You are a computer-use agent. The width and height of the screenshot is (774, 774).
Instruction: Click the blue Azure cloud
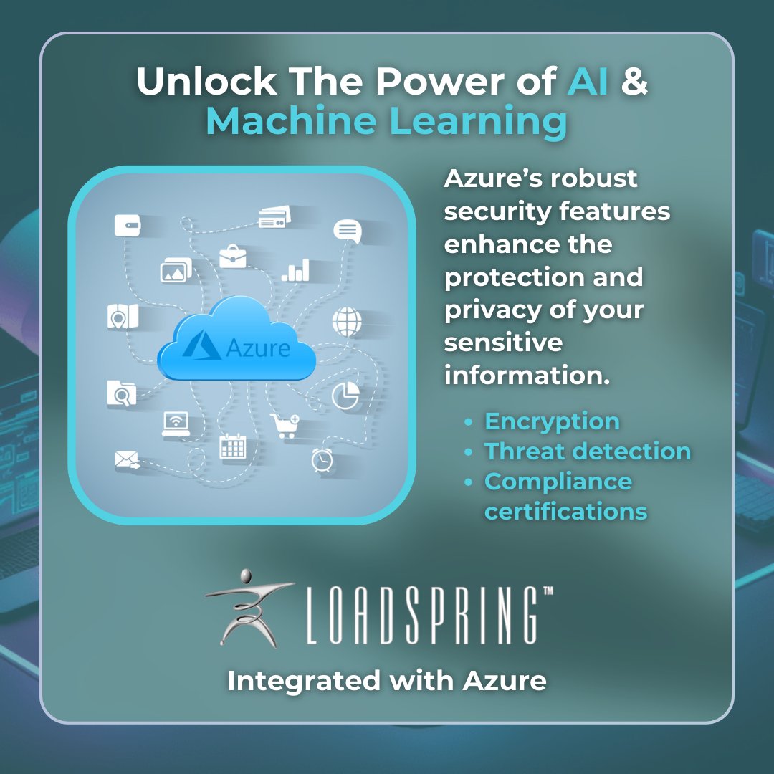[x=236, y=341]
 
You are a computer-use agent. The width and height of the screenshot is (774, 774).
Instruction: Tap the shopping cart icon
[x=284, y=425]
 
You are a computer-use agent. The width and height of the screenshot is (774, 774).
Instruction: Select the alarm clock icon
[x=322, y=459]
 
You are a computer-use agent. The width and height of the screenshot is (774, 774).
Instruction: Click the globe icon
[x=347, y=322]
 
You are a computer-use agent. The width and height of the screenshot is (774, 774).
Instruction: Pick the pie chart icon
[x=345, y=395]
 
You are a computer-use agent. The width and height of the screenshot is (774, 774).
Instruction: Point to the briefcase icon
[x=232, y=256]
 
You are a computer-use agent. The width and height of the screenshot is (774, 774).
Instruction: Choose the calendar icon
[x=232, y=446]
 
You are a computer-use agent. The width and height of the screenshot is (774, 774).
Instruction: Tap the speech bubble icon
[x=347, y=231]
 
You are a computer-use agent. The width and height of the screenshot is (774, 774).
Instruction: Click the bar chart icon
[x=296, y=270]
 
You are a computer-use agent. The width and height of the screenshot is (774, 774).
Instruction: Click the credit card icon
[x=274, y=217]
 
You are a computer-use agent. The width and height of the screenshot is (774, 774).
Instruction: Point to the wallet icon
[x=128, y=225]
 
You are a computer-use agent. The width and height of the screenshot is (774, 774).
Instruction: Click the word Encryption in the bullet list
[x=552, y=421]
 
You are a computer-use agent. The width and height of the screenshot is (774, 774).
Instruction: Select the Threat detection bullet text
[x=588, y=451]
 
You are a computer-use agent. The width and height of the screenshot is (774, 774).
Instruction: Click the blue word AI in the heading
[x=588, y=82]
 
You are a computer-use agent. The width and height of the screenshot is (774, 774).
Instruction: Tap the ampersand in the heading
[x=634, y=82]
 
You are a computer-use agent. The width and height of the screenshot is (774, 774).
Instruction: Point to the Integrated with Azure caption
[x=387, y=680]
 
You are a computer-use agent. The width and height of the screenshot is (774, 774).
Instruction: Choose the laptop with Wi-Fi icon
[x=176, y=424]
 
